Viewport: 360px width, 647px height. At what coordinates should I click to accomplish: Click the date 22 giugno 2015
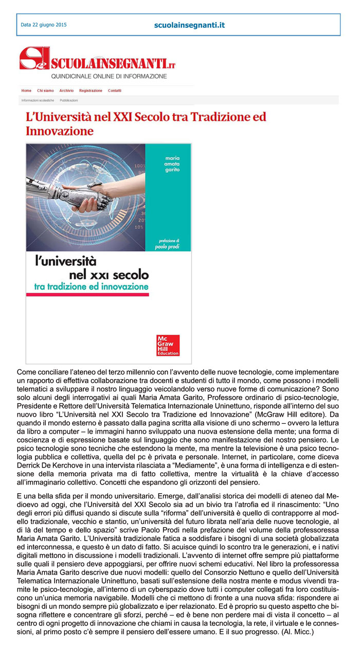[x=44, y=25]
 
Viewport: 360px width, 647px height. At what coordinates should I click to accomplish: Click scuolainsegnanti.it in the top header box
[x=189, y=25]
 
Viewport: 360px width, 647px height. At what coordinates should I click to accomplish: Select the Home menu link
[x=26, y=91]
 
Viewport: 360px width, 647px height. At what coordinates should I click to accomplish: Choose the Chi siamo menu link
[x=45, y=91]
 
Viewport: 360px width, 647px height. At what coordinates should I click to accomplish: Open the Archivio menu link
[x=66, y=91]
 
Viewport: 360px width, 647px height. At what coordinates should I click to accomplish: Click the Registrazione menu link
[x=91, y=91]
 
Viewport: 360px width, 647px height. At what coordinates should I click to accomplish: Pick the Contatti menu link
[x=115, y=91]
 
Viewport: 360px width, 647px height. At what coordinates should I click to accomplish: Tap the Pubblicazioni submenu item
[x=69, y=100]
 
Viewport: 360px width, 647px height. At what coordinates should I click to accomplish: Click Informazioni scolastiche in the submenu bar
[x=38, y=100]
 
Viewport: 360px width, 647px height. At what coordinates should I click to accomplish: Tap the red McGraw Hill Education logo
[x=168, y=345]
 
